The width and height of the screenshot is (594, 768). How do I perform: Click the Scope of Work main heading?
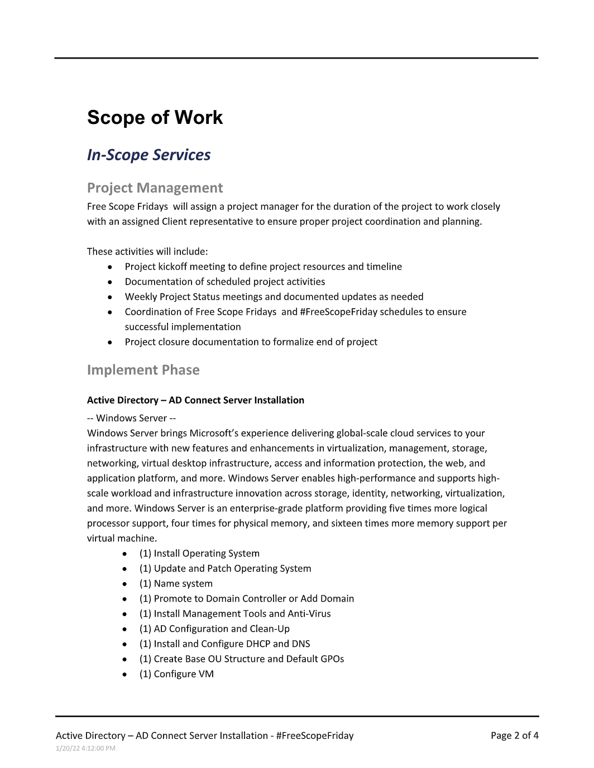(155, 117)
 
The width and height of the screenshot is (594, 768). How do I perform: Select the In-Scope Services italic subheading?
(148, 155)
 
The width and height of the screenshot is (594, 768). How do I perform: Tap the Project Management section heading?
(155, 188)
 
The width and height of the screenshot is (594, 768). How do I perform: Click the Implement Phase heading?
(143, 369)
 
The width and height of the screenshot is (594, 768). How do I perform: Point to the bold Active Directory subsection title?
(195, 400)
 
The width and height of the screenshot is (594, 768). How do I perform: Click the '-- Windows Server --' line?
(131, 418)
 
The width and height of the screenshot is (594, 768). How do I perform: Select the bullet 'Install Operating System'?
(199, 553)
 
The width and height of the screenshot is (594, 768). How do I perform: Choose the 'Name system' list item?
(176, 583)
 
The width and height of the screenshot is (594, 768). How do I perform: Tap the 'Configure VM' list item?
(176, 674)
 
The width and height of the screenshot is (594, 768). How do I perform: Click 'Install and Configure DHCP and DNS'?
(224, 644)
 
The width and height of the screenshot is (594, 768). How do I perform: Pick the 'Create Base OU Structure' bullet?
(241, 659)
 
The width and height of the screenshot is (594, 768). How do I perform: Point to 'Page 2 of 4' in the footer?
(514, 735)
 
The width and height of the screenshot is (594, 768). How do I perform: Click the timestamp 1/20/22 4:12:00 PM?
(85, 748)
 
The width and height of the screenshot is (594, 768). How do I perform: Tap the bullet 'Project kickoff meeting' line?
(263, 266)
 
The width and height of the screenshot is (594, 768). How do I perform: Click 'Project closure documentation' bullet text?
(251, 342)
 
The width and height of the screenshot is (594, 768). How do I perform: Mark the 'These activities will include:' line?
(147, 251)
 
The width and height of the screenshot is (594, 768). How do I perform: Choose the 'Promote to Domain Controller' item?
(246, 598)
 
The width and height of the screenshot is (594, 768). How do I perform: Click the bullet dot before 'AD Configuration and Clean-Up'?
(124, 629)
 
